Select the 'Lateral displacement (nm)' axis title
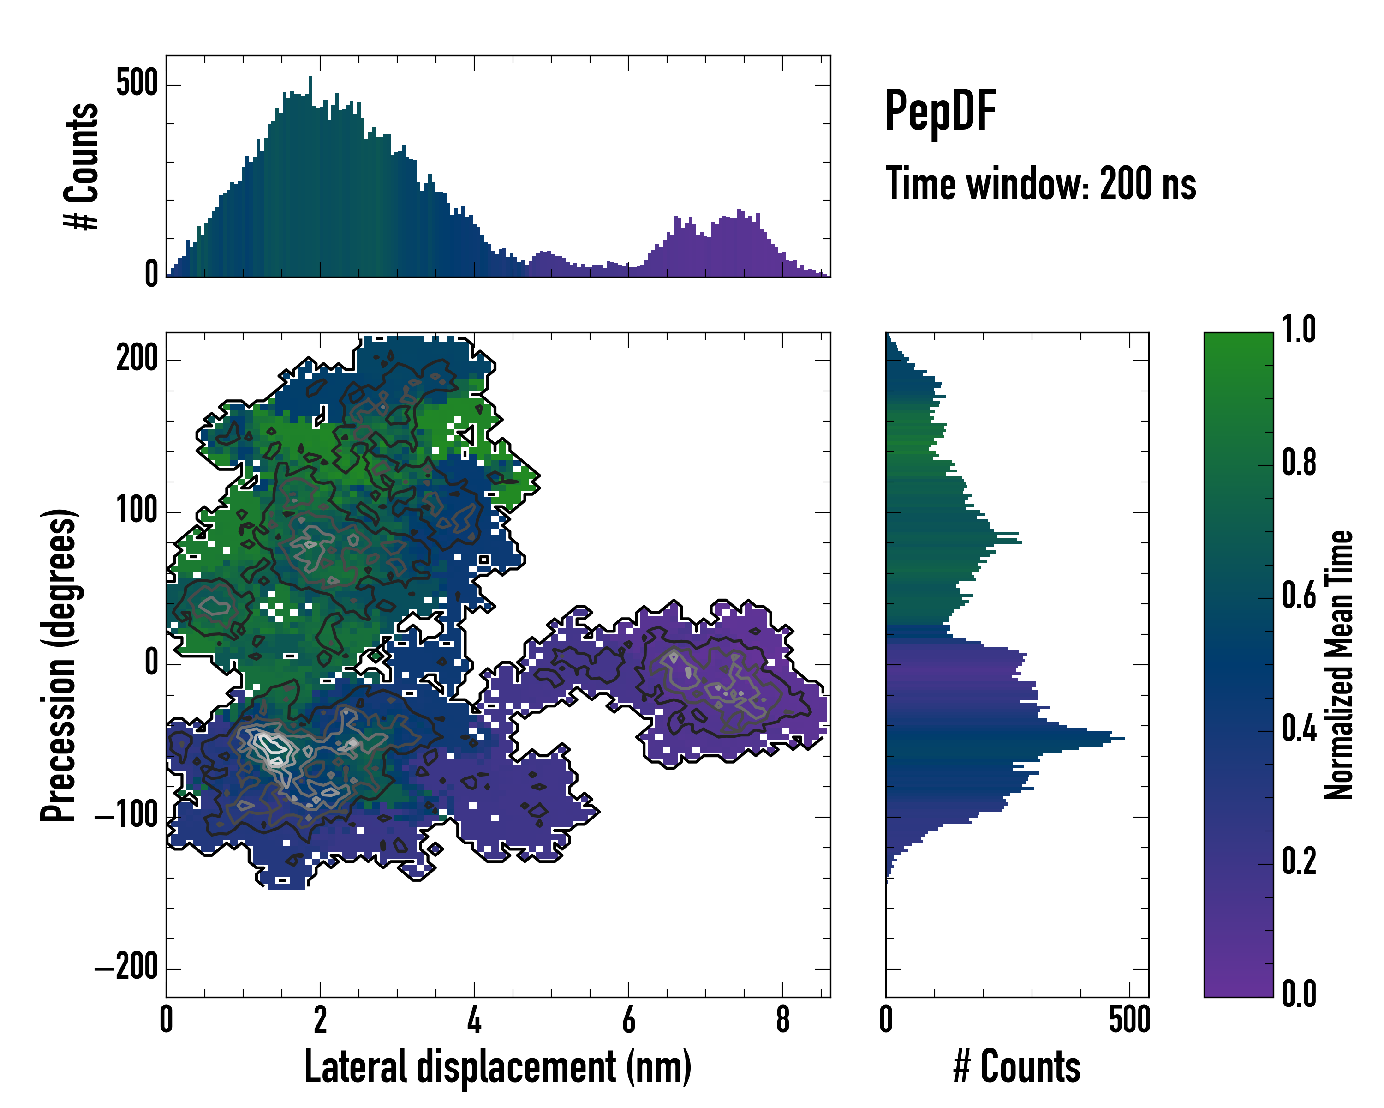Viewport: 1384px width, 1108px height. tap(497, 1067)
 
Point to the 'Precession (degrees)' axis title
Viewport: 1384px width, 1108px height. tap(59, 665)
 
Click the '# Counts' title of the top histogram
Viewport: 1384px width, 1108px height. tap(82, 166)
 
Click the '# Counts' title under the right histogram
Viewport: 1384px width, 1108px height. tap(1017, 1067)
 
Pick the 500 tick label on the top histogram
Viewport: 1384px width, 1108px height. tap(137, 84)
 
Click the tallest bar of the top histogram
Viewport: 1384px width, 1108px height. tap(310, 177)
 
